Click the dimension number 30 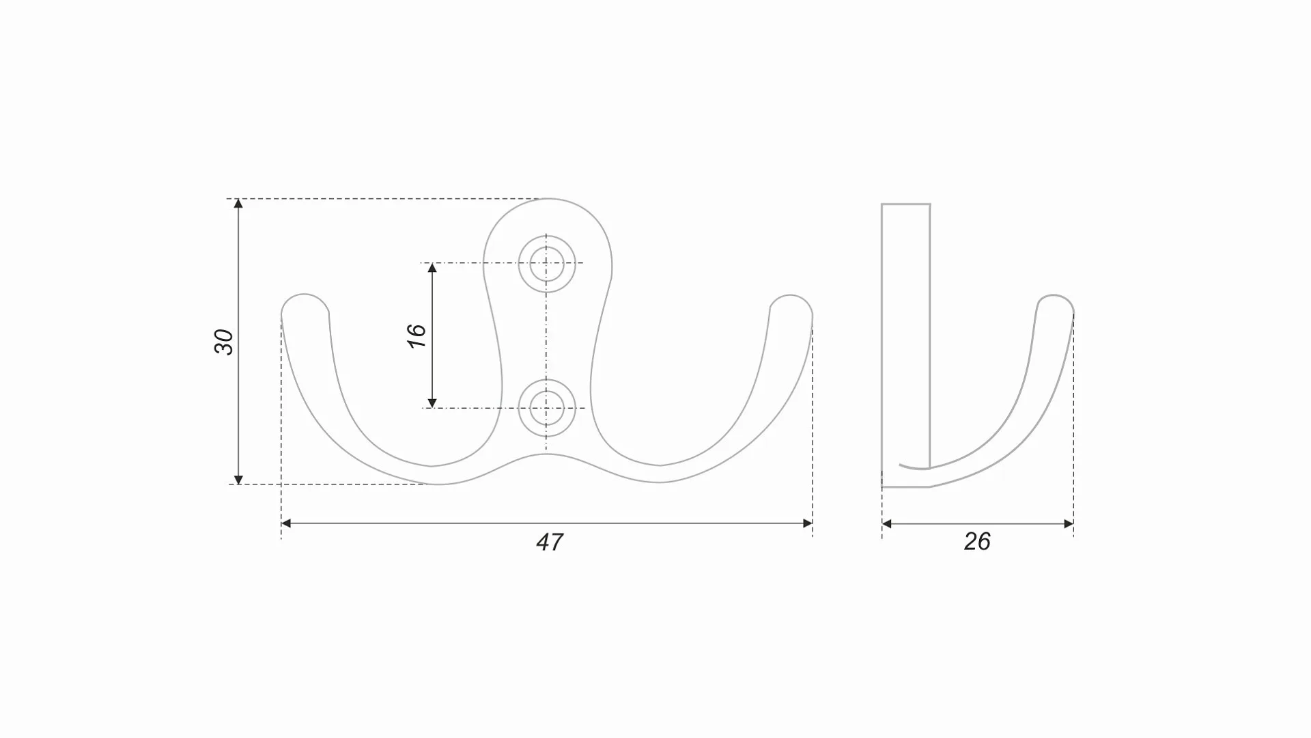(224, 342)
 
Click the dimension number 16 (417, 336)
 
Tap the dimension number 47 (550, 542)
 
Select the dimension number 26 (977, 541)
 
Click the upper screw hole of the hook (547, 264)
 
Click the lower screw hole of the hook (547, 408)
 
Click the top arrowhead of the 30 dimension (238, 203)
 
